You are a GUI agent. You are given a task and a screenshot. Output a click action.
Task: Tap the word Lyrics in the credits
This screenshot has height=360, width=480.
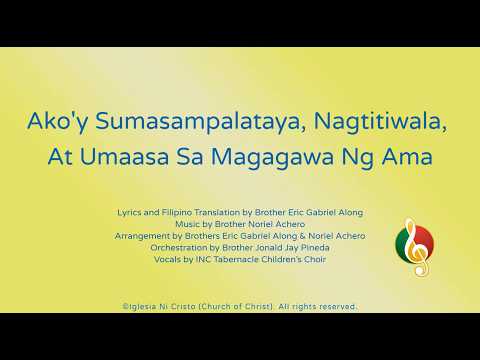130,213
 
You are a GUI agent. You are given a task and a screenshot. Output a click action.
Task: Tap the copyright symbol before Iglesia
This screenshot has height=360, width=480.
125,306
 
